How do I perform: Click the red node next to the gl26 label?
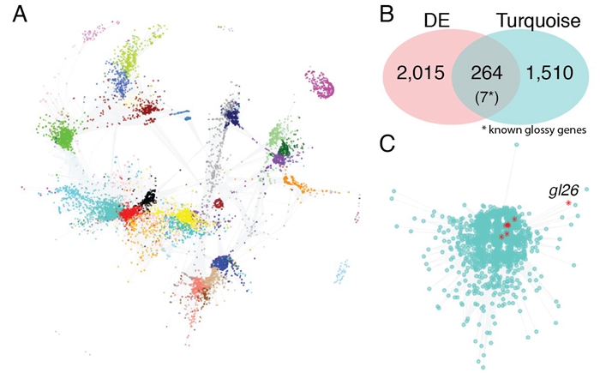pos(568,204)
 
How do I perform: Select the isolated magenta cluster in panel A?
pos(321,84)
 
